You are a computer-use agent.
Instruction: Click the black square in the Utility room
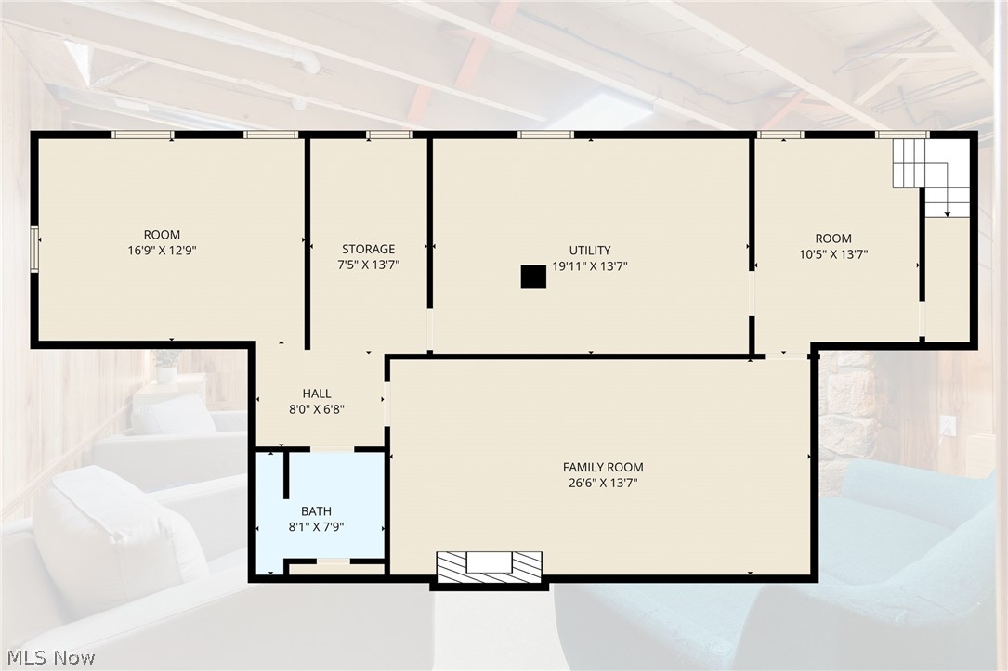[x=533, y=277]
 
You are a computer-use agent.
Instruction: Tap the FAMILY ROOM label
[x=603, y=468]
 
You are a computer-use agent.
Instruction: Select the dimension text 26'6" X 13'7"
[x=603, y=483]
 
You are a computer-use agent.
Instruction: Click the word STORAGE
[x=368, y=249]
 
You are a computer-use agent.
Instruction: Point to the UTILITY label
[x=590, y=251]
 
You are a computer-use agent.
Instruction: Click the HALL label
[x=317, y=394]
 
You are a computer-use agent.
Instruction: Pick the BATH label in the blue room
[x=316, y=511]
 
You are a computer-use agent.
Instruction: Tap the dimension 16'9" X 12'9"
[x=162, y=251]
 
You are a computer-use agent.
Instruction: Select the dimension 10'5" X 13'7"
[x=833, y=254]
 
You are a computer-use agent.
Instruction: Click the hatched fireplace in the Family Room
[x=490, y=567]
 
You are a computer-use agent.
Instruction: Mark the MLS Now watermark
[x=51, y=657]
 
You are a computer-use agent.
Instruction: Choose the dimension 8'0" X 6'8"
[x=317, y=409]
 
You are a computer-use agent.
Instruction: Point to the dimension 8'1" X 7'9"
[x=316, y=527]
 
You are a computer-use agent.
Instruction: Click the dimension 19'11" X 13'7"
[x=590, y=265]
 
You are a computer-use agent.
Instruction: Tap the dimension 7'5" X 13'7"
[x=368, y=265]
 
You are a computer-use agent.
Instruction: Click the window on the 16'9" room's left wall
[x=34, y=249]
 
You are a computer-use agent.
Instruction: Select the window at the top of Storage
[x=389, y=135]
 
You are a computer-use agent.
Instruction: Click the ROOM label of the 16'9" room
[x=162, y=235]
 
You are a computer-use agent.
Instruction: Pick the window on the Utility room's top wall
[x=545, y=135]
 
